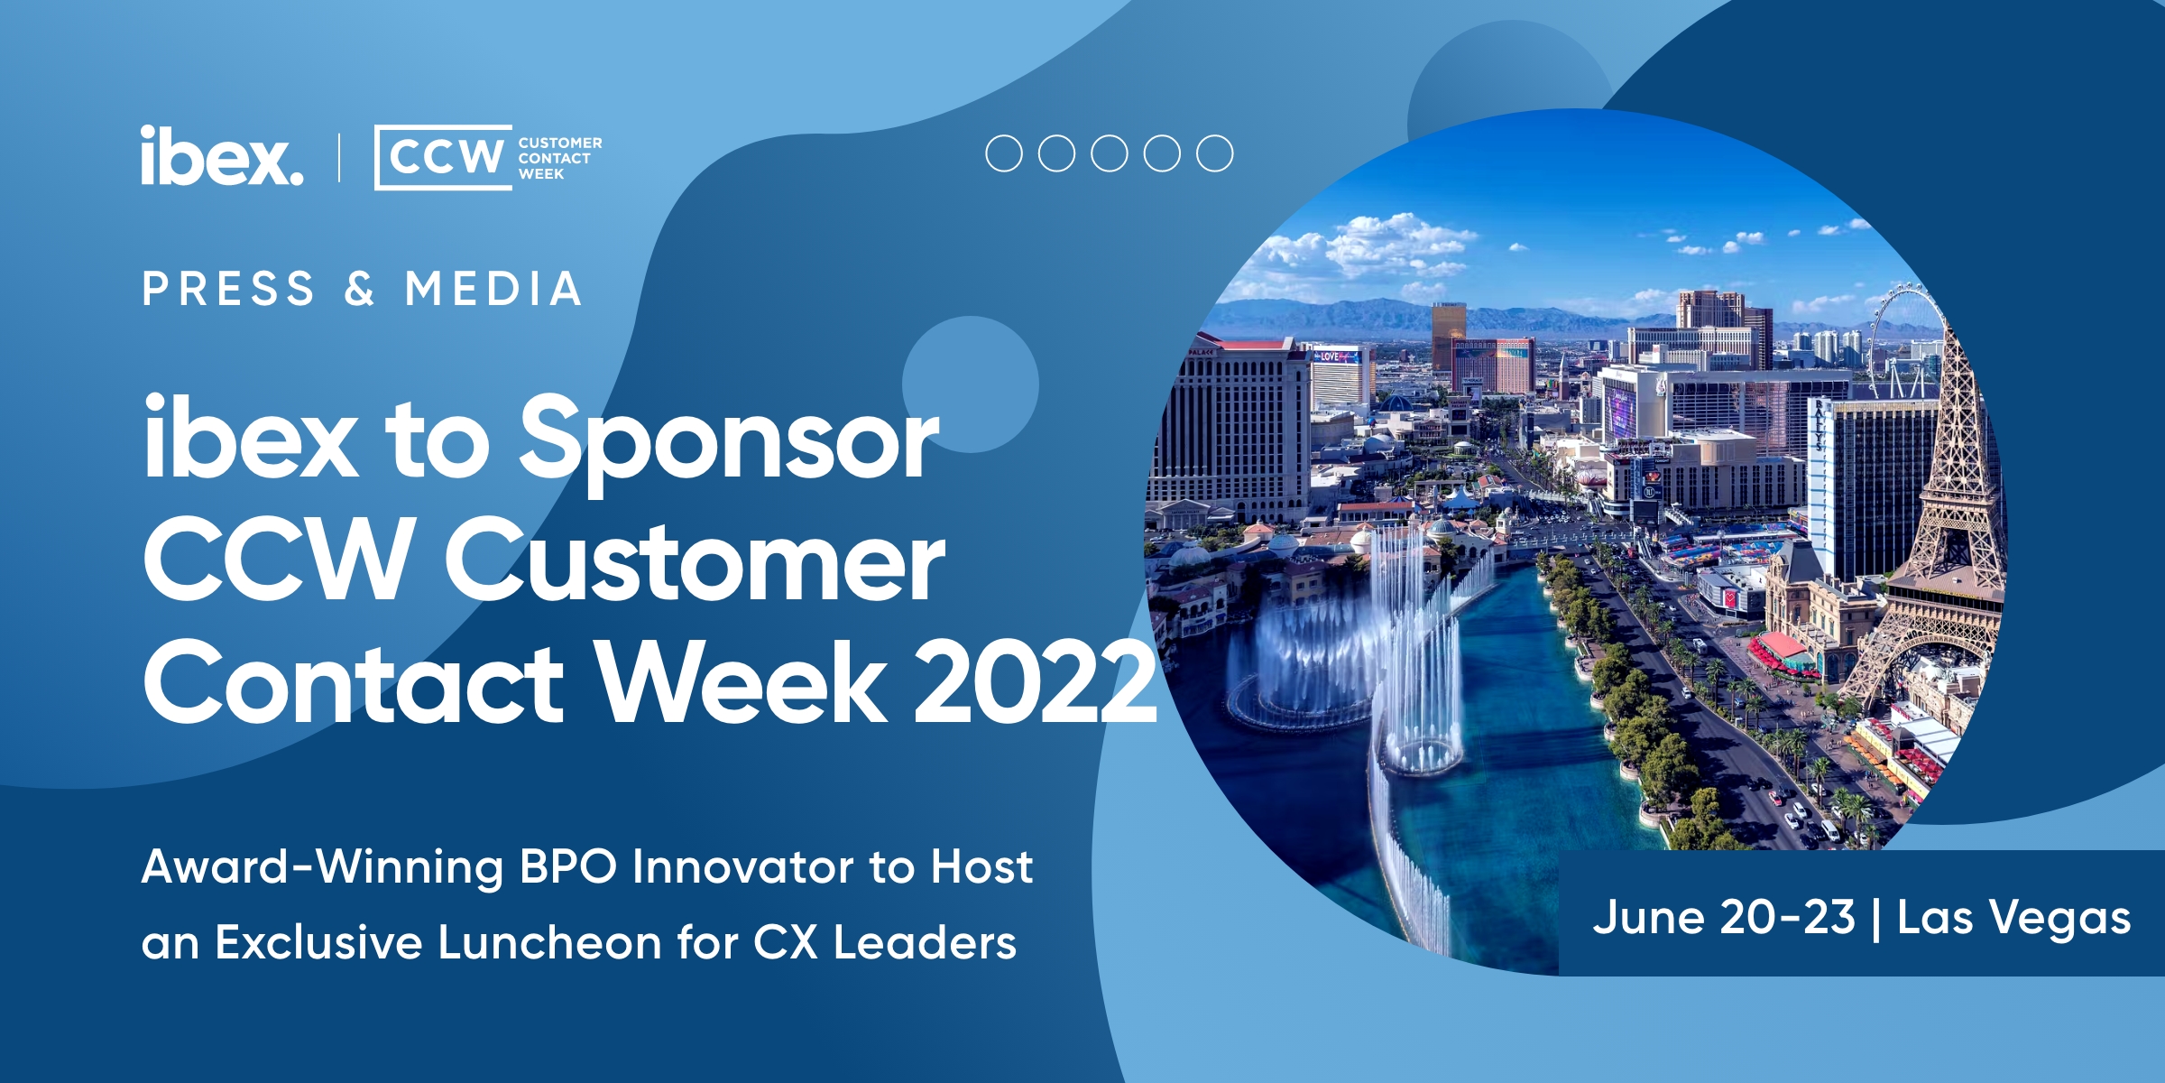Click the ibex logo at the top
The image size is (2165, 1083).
(x=222, y=156)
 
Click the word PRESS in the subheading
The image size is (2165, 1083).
(x=228, y=289)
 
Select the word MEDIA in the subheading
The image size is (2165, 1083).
(x=493, y=289)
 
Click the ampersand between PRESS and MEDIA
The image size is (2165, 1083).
(x=359, y=289)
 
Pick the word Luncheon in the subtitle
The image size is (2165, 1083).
(x=551, y=943)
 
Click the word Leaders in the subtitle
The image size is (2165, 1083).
(x=925, y=943)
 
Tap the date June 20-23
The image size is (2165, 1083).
(x=1724, y=918)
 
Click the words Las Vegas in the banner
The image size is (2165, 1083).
(x=2014, y=920)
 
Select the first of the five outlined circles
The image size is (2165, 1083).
(x=1004, y=153)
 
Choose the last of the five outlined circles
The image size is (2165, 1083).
(x=1215, y=153)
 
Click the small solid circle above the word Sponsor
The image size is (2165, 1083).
(x=971, y=384)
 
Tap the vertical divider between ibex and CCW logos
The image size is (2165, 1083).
(x=339, y=157)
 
